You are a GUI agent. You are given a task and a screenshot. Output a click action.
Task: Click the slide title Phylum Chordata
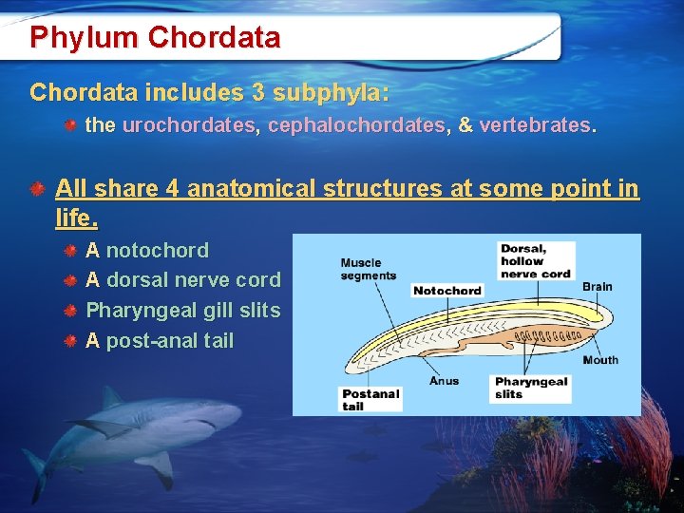coord(155,38)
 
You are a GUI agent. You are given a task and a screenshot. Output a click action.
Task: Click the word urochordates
coord(188,125)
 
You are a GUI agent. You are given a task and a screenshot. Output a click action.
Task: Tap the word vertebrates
coord(538,125)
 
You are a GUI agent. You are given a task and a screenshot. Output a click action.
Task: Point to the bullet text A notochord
coord(147,251)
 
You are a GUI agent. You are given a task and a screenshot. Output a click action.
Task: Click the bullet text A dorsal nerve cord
coord(183,280)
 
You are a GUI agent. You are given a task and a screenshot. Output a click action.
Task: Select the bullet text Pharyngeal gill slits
coord(183,311)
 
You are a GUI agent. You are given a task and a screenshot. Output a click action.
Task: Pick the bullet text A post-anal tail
coord(160,341)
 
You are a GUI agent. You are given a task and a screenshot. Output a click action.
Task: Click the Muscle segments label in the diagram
coord(368,269)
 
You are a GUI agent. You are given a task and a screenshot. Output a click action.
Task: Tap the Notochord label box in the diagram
coord(446,291)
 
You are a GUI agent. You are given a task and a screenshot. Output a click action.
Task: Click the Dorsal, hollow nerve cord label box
coord(536,261)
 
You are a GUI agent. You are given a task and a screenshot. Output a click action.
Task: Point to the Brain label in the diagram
coord(597,287)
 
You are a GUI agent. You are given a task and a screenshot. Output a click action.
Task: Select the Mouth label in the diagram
coord(600,360)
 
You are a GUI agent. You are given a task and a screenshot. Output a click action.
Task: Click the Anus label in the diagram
coord(444,381)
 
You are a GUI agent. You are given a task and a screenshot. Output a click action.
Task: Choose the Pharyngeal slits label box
coord(531,388)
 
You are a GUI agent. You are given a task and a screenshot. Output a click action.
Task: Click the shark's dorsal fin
coord(111,397)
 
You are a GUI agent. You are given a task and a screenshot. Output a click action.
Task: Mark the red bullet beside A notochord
coord(70,252)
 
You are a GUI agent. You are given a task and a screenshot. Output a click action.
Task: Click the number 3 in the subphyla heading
coord(258,93)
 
